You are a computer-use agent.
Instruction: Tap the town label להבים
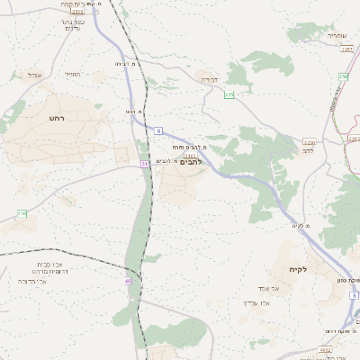pyautogui.click(x=190, y=162)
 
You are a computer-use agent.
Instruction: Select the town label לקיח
pyautogui.click(x=299, y=270)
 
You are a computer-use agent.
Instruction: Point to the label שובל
pyautogui.click(x=35, y=74)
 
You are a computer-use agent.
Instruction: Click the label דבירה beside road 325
pyautogui.click(x=209, y=80)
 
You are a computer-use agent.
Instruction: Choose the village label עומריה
pyautogui.click(x=336, y=36)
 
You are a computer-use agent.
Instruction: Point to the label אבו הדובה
pyautogui.click(x=34, y=282)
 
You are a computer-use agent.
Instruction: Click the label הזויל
pyautogui.click(x=73, y=74)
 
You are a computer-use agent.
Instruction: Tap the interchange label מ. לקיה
pyautogui.click(x=301, y=225)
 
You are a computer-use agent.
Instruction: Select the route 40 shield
pyautogui.click(x=128, y=281)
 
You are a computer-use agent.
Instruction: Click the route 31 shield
pyautogui.click(x=144, y=164)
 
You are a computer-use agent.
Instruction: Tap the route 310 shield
pyautogui.click(x=22, y=213)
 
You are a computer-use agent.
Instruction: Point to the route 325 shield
pyautogui.click(x=229, y=94)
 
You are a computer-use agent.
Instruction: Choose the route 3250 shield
pyautogui.click(x=310, y=142)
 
